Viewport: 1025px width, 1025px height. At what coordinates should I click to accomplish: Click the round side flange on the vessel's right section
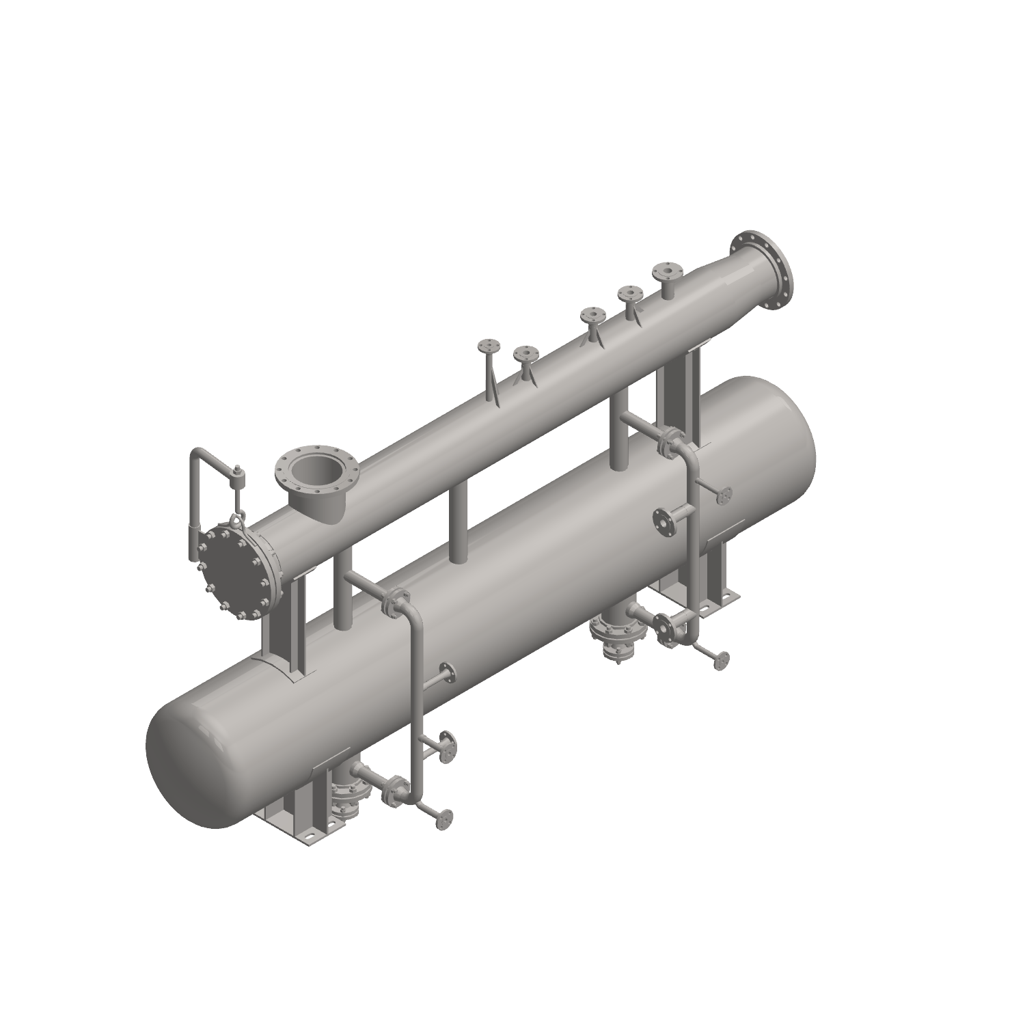coord(663,523)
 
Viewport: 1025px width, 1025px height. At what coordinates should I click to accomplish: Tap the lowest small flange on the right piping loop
coord(720,660)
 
